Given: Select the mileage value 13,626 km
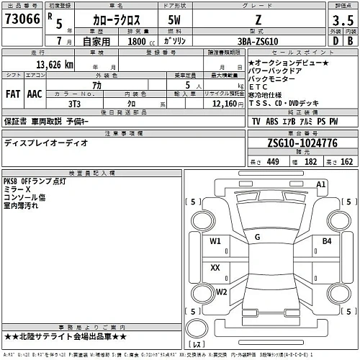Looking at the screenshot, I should point(49,65).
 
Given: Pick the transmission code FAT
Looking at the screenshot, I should point(14,94).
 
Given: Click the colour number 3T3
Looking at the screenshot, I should point(74,102).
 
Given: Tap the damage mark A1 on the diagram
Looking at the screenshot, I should point(322,185).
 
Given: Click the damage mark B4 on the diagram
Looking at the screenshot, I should point(326,241).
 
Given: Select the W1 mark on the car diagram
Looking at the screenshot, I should point(215,242).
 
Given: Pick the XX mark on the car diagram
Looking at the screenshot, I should point(215,267).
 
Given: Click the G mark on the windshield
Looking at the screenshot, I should point(257,236).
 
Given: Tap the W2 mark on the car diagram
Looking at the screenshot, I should point(222,292).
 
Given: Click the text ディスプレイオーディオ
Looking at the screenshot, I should point(47,143).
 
